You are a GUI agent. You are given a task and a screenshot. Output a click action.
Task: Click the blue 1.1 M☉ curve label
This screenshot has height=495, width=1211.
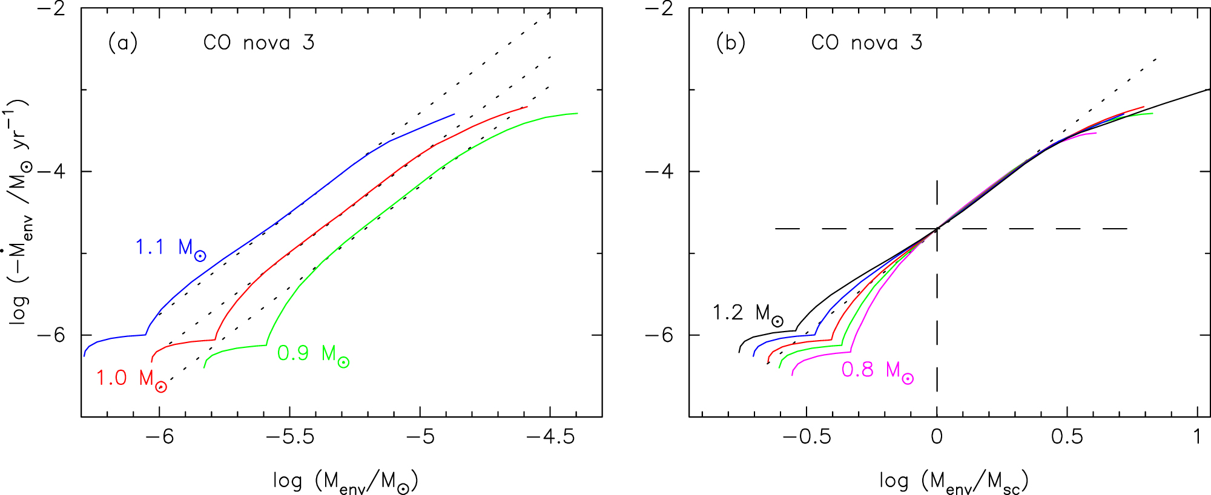click(170, 248)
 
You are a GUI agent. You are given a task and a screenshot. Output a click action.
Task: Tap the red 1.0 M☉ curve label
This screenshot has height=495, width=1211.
click(131, 379)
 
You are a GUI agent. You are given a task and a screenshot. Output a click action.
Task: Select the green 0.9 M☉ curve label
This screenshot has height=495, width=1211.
click(312, 354)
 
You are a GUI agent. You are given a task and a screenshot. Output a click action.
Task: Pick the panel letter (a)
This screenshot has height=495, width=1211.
click(123, 43)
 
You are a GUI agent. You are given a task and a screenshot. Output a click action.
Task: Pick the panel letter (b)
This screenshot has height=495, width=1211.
click(731, 43)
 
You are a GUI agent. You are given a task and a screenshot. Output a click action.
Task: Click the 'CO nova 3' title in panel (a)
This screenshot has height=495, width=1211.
click(259, 43)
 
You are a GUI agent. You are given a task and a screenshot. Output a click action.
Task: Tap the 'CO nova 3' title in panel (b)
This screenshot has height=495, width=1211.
click(866, 43)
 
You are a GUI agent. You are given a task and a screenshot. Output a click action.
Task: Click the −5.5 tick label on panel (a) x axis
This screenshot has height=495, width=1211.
click(290, 437)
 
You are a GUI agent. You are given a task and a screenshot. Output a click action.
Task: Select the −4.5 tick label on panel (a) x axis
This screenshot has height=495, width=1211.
click(550, 437)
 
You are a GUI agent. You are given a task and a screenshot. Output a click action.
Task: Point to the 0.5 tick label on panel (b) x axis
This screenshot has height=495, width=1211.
click(1067, 437)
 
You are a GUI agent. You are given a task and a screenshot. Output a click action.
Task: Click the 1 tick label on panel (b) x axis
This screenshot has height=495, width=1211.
click(1197, 437)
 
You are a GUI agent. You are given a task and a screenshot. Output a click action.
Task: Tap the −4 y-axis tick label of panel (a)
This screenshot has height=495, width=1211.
click(51, 171)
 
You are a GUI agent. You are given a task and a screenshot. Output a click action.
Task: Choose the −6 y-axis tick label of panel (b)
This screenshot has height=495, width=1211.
click(659, 335)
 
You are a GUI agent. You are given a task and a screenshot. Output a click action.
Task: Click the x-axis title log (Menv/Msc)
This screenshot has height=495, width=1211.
click(954, 482)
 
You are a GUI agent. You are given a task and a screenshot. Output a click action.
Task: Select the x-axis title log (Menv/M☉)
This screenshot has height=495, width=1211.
click(345, 482)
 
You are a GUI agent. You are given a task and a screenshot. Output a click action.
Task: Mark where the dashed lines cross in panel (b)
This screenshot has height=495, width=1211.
click(937, 229)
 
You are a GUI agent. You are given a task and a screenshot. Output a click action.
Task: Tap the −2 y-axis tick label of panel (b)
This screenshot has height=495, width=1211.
click(659, 8)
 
